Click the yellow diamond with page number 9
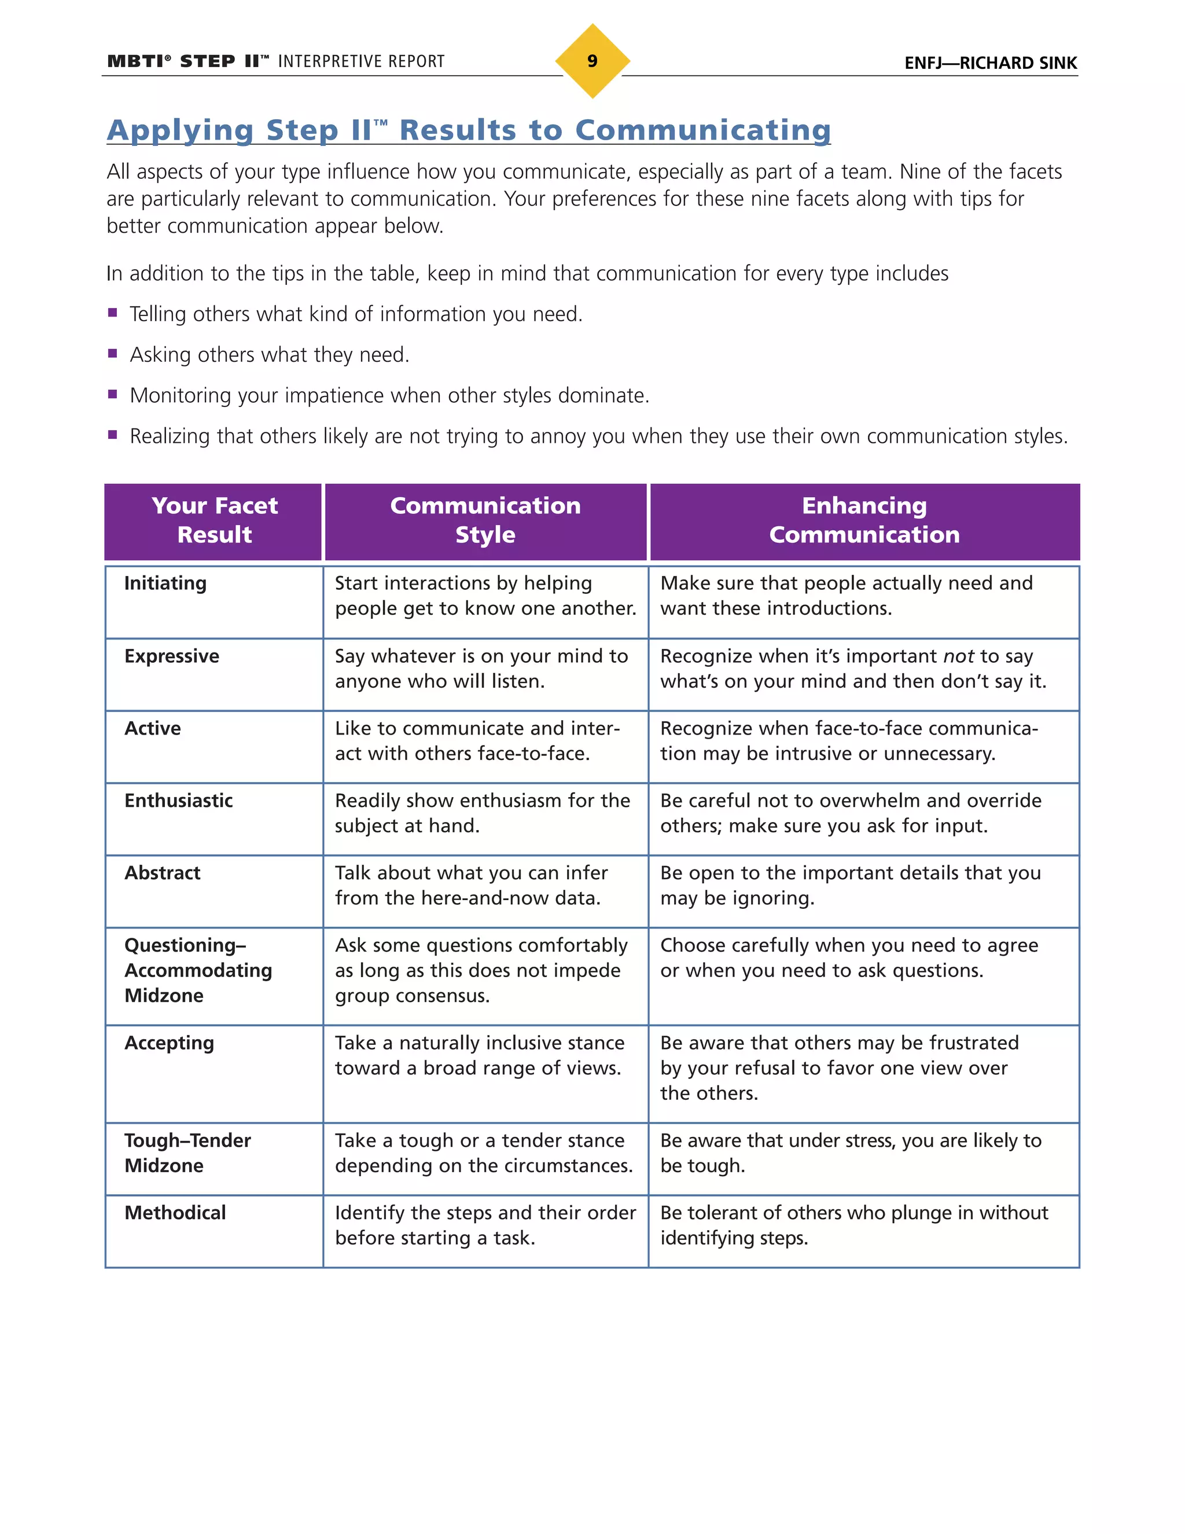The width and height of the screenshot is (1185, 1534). coord(592,61)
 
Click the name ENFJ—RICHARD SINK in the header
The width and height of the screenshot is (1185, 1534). coord(990,63)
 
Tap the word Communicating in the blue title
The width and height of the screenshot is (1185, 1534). coord(702,131)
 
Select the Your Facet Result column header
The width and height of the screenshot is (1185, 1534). coord(214,520)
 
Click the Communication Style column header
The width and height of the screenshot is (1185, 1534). coord(485,520)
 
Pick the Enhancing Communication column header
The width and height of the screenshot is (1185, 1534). coord(864,520)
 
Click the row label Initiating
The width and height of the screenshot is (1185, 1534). coord(165,583)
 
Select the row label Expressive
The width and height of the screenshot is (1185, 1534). coord(172,656)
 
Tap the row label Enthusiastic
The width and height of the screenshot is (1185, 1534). coord(178,801)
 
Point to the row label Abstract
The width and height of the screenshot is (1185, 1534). coord(162,873)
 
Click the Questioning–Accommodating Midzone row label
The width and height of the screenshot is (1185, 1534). coord(198,970)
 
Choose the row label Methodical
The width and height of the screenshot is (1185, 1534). coord(175,1213)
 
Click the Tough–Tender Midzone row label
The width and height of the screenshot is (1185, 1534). coord(187,1153)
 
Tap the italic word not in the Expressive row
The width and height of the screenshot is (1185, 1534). coord(958,656)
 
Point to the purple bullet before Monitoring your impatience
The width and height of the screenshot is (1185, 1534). coord(112,394)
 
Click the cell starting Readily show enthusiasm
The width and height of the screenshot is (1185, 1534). coord(483,813)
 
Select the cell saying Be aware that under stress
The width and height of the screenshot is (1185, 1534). coord(850,1153)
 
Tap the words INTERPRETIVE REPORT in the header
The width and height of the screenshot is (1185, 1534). coord(361,62)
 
